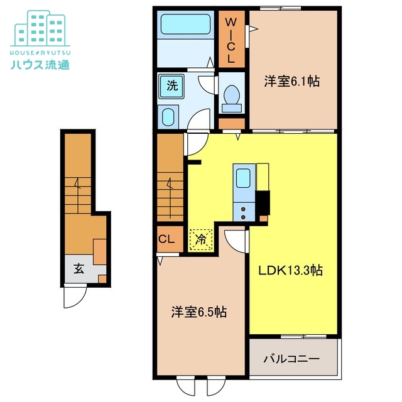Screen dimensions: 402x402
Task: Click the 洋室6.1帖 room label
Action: (x=292, y=81)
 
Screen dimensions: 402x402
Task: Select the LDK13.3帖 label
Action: (x=291, y=271)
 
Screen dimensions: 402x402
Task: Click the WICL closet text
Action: (x=231, y=39)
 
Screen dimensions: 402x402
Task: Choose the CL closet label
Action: (x=166, y=239)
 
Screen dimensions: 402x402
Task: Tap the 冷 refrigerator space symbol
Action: (x=200, y=239)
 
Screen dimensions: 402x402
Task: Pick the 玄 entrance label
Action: (x=78, y=269)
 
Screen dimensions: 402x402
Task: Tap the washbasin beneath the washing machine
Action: (x=168, y=117)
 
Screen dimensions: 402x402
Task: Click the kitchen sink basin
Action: (x=243, y=178)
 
